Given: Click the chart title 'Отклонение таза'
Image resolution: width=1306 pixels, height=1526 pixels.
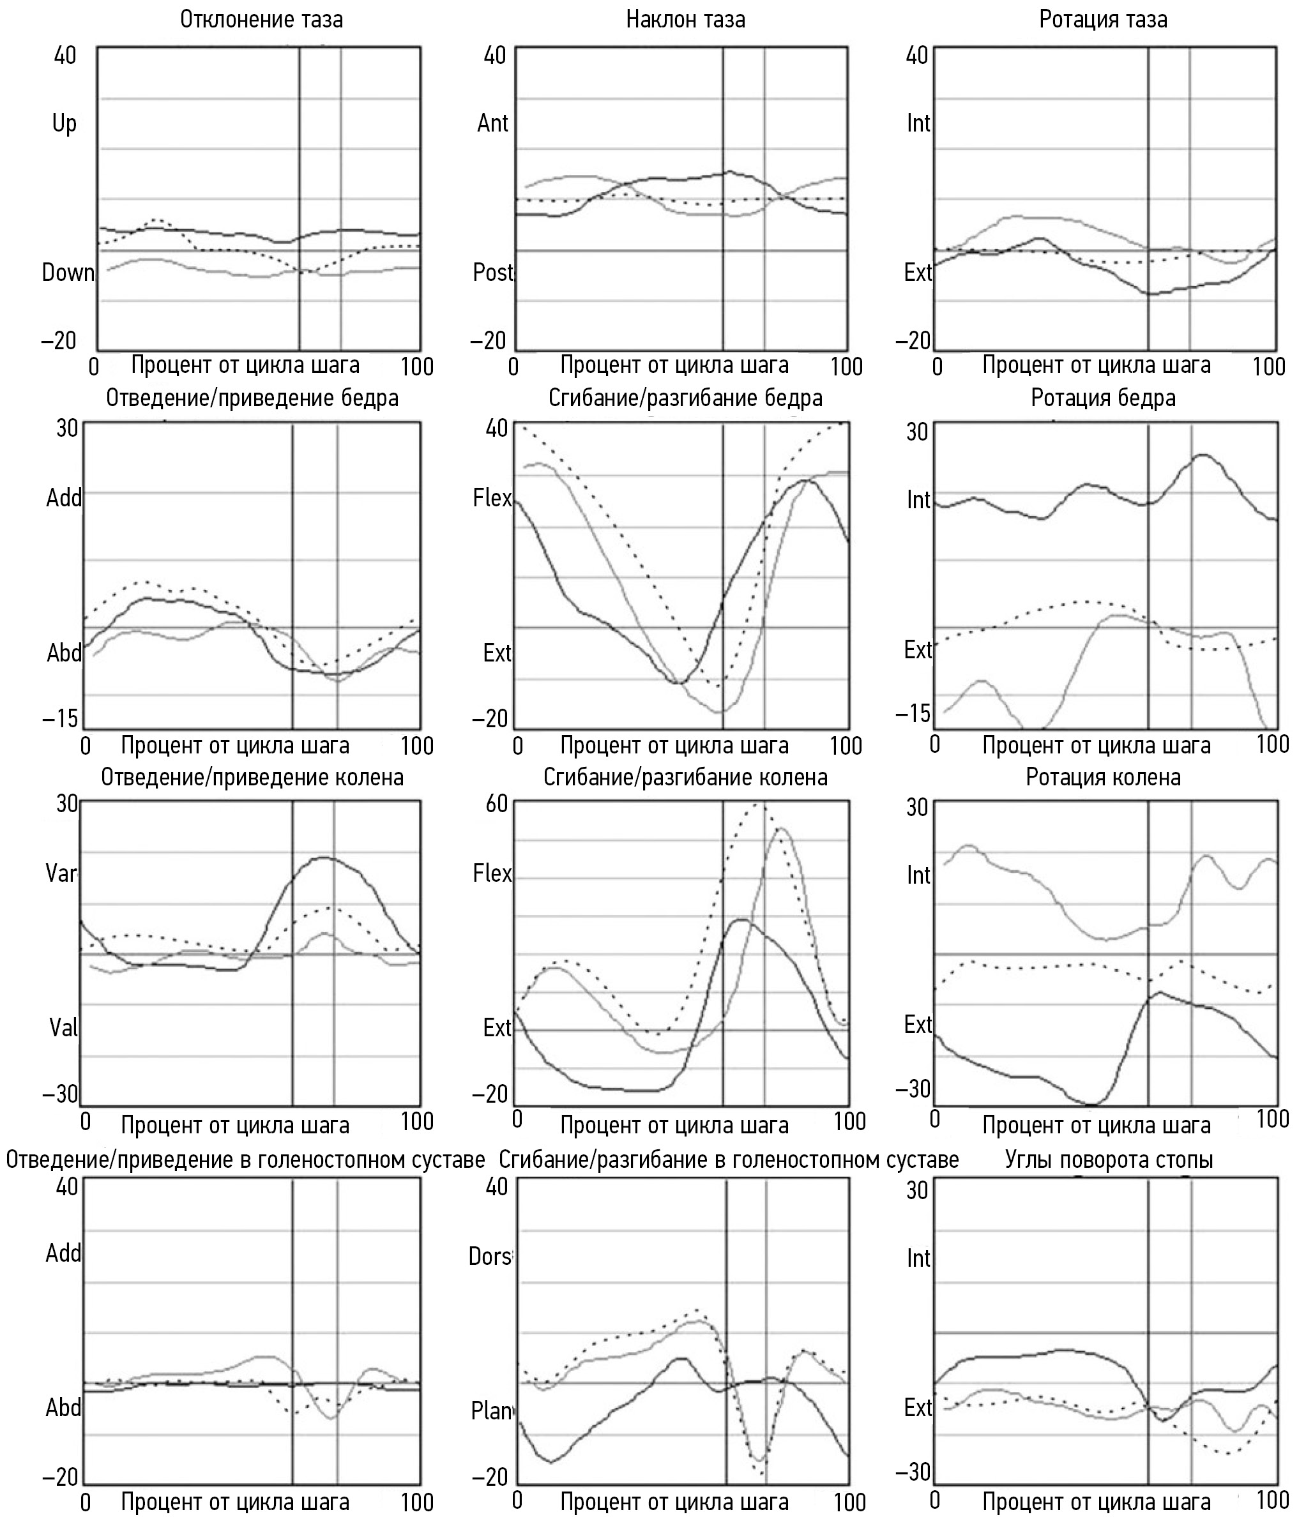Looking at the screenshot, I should tap(261, 20).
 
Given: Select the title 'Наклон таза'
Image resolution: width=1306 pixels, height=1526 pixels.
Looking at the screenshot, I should tap(685, 20).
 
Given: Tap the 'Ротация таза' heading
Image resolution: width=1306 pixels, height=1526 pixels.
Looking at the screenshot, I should tap(1103, 20).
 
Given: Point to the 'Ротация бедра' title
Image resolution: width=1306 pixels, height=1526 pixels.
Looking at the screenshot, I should tap(1103, 398).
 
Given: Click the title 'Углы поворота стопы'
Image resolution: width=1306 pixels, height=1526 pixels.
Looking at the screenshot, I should tap(1109, 1160).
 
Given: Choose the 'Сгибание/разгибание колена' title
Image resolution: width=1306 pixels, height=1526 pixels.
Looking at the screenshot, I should tap(685, 778).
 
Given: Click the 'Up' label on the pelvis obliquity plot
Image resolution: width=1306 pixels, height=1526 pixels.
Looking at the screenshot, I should tap(64, 123).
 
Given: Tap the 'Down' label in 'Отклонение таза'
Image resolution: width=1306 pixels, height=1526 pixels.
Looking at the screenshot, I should tap(68, 273).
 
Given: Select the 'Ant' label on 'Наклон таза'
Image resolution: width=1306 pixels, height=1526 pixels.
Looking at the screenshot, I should tap(492, 123).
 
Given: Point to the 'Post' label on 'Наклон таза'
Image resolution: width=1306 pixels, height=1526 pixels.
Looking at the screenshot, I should tap(492, 273).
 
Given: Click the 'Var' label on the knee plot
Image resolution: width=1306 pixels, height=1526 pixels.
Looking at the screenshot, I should tap(61, 873).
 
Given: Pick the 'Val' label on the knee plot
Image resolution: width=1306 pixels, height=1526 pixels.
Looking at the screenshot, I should tap(63, 1027).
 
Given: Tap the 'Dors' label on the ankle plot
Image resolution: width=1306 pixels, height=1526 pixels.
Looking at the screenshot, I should tap(490, 1256).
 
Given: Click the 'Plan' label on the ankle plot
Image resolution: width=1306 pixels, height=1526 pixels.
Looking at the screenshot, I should tap(491, 1410).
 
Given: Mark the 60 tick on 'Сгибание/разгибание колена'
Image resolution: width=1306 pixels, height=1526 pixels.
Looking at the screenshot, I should tap(496, 803).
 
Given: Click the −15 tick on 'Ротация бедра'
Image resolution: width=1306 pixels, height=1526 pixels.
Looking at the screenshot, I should tap(913, 713).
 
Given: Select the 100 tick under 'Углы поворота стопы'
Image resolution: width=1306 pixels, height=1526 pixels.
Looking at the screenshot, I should tap(1272, 1499).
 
